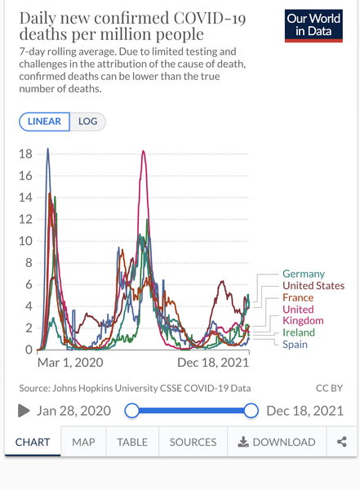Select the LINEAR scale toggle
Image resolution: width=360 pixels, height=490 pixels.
[44, 122]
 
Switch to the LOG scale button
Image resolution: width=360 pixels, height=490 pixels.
[87, 122]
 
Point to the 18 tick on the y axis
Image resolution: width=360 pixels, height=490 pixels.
[25, 154]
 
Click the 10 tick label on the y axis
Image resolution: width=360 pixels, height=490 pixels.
[25, 241]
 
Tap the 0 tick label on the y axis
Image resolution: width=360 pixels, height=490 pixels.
[29, 350]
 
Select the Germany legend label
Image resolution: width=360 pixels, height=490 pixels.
[303, 274]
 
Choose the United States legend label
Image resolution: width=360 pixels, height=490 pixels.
[313, 286]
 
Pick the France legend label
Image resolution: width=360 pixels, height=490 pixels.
[297, 298]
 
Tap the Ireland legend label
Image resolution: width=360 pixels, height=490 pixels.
[298, 332]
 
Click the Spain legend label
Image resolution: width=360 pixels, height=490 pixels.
[295, 345]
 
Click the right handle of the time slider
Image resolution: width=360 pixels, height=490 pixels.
[251, 411]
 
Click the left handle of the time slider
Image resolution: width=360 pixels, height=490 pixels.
[131, 411]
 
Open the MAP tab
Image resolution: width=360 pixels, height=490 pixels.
[83, 442]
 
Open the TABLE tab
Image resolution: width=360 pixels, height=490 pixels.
[132, 442]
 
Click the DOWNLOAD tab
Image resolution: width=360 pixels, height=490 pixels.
[277, 442]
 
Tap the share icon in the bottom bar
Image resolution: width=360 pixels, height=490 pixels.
[342, 442]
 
